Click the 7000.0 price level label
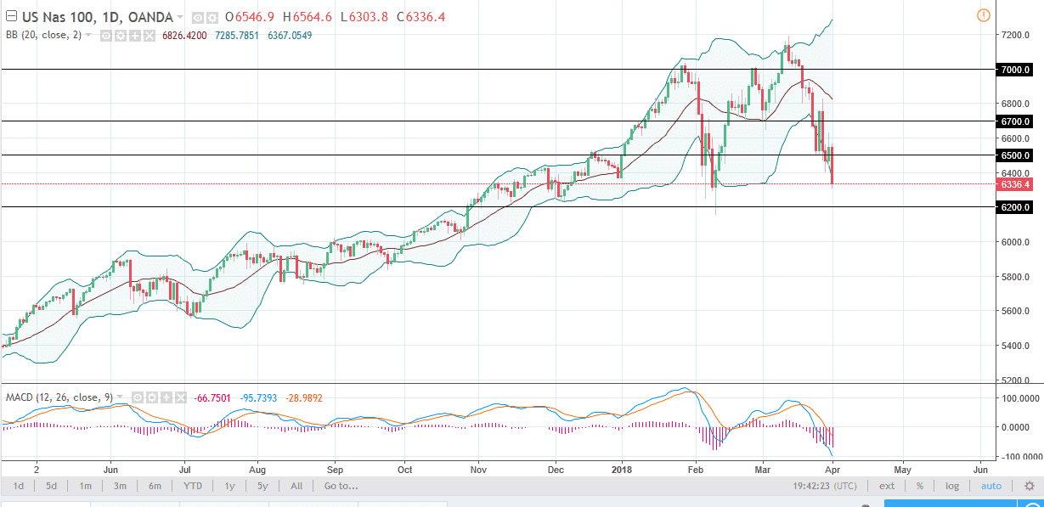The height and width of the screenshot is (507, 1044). pos(1015,70)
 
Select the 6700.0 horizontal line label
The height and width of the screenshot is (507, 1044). pos(1015,121)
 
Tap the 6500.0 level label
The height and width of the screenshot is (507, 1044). pos(1015,155)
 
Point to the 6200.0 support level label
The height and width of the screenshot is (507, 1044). pos(1015,207)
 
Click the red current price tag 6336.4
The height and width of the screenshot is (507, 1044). pos(1015,184)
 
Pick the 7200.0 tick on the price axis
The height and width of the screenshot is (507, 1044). pos(1015,35)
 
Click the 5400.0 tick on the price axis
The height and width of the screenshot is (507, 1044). pos(1015,346)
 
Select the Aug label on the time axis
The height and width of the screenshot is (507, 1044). pos(258,469)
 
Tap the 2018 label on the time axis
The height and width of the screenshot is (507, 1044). pos(624,469)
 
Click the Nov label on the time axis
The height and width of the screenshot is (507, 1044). pos(478,469)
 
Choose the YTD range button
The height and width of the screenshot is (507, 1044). pos(192,487)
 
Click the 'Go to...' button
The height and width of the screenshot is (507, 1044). pos(341,487)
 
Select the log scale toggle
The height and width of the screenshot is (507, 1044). pos(951,487)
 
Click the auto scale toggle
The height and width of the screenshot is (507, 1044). pos(990,487)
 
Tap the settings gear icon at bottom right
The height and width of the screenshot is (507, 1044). pos(1029,487)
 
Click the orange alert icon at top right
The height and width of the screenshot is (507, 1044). pos(983,14)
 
